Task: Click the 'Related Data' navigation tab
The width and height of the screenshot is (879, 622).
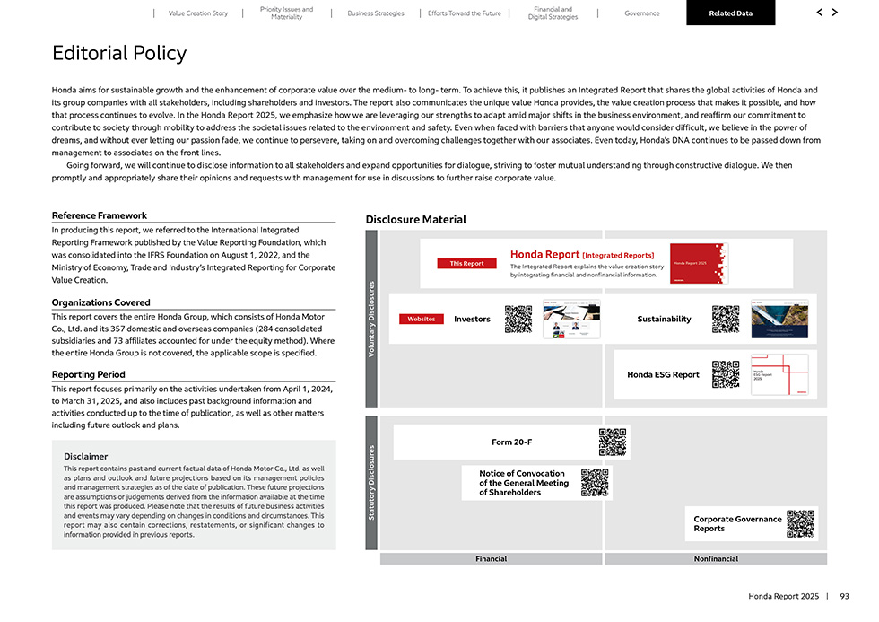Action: click(730, 13)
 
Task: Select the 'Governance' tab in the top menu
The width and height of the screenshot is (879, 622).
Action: click(641, 13)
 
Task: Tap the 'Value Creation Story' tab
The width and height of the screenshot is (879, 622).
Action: click(198, 13)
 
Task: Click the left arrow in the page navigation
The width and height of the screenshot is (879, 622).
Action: click(819, 13)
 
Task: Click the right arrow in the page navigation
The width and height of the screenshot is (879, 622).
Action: click(835, 13)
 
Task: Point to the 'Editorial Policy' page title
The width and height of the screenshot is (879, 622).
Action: click(119, 53)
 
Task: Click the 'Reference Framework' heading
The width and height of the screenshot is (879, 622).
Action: click(100, 215)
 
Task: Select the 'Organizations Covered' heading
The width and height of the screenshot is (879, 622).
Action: click(101, 302)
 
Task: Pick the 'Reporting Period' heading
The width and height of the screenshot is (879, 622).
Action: click(89, 374)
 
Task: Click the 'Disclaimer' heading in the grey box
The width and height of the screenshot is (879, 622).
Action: click(86, 456)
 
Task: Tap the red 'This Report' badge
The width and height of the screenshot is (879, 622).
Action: click(466, 263)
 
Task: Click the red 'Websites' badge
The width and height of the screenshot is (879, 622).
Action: click(422, 319)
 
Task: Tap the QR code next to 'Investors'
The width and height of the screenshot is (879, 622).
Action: click(518, 319)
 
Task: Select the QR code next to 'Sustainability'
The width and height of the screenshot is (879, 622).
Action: click(725, 319)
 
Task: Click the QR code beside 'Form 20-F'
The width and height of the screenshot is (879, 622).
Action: click(612, 442)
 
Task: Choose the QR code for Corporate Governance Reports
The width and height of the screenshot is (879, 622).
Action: click(800, 523)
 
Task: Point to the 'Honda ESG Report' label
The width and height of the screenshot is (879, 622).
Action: click(663, 374)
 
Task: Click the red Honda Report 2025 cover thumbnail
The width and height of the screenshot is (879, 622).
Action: click(699, 263)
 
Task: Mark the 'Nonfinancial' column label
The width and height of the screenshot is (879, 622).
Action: click(716, 558)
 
